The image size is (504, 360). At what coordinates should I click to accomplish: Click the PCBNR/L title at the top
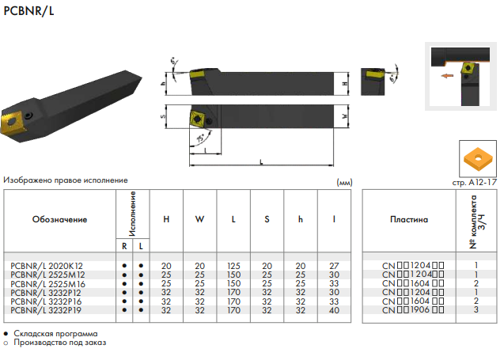(28, 11)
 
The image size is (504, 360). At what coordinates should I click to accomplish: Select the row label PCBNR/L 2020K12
(47, 266)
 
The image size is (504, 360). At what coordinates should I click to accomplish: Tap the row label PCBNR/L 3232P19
(46, 310)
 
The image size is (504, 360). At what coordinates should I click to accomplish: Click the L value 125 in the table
(233, 266)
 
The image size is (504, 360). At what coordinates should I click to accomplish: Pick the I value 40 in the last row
(334, 310)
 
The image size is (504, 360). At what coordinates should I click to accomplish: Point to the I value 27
(334, 266)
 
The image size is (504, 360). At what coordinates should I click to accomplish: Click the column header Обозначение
(59, 219)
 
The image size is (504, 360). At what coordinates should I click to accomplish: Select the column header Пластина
(409, 219)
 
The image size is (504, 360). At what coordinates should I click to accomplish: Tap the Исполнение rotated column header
(132, 214)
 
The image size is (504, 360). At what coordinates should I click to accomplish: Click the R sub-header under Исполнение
(124, 247)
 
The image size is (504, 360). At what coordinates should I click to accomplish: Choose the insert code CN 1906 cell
(413, 310)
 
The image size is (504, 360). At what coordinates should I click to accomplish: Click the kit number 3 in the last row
(476, 309)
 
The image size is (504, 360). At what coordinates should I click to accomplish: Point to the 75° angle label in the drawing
(201, 138)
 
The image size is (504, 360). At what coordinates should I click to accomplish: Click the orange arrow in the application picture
(447, 76)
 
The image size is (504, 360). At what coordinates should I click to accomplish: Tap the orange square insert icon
(478, 158)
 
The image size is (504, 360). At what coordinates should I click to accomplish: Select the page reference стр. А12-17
(475, 183)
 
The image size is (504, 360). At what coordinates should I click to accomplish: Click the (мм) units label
(344, 183)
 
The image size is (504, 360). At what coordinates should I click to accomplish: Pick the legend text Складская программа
(55, 334)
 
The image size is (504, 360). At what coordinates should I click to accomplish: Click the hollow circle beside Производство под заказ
(6, 343)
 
